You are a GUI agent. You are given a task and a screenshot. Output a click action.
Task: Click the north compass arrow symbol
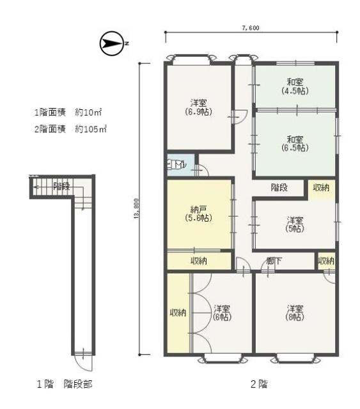click(x=113, y=43)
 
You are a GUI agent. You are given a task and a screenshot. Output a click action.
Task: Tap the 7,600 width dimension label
click(x=251, y=28)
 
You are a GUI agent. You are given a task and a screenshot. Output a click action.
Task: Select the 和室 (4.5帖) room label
click(x=294, y=86)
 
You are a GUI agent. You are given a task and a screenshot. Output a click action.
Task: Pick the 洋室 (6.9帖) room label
click(x=200, y=107)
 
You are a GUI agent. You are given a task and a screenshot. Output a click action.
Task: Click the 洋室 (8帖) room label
click(x=294, y=313)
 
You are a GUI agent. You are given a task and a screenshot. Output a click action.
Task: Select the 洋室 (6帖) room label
click(x=221, y=313)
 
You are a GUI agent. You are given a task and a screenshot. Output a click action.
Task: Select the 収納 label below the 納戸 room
click(x=198, y=261)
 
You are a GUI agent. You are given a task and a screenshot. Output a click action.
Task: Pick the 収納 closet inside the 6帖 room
click(x=178, y=313)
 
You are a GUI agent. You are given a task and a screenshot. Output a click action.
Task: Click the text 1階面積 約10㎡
click(x=68, y=112)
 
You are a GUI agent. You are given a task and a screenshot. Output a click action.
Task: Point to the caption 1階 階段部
click(x=62, y=385)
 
